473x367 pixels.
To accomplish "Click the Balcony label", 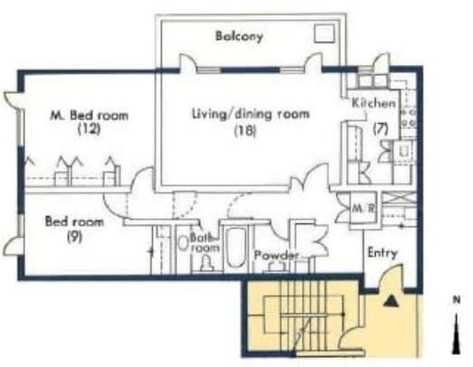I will (x=239, y=36).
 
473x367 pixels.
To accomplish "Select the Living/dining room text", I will (x=251, y=114).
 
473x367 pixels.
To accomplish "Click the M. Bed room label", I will (x=88, y=115).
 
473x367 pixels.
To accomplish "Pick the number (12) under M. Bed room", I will (x=88, y=128).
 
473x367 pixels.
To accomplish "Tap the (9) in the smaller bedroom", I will (x=75, y=237).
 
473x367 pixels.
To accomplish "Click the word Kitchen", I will (x=373, y=102).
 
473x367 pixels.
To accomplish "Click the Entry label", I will (x=382, y=253).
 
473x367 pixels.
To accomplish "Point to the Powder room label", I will (x=276, y=257).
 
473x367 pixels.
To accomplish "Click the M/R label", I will (x=363, y=209).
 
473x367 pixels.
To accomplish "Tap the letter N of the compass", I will (x=458, y=299).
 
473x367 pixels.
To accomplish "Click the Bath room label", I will (x=204, y=242).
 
